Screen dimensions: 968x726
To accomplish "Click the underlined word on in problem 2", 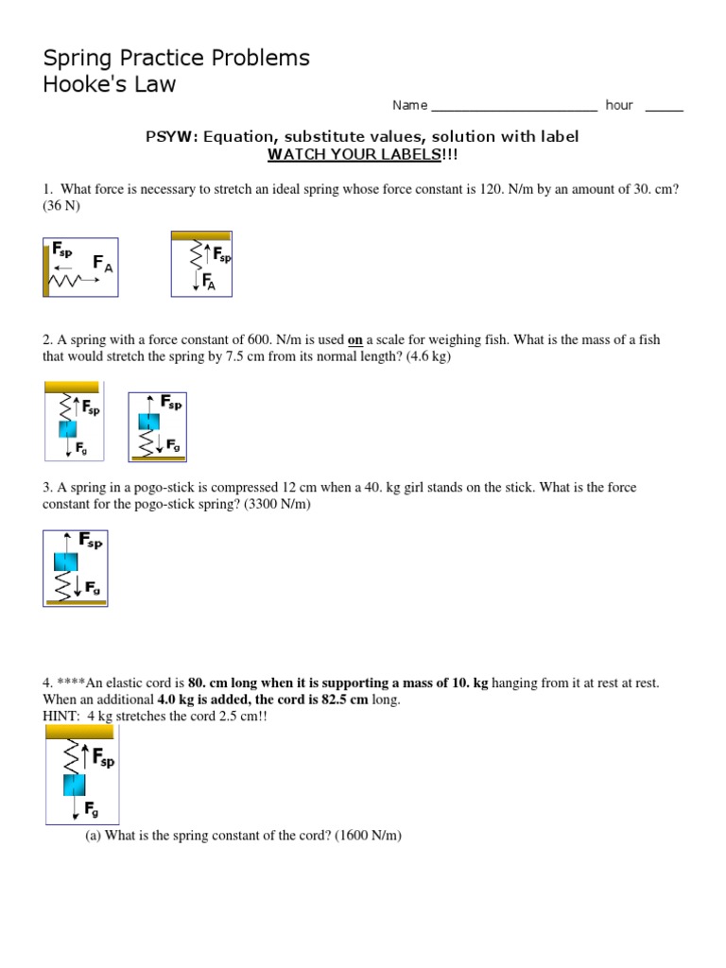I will [x=356, y=339].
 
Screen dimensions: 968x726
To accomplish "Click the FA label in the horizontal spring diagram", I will [x=102, y=264].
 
